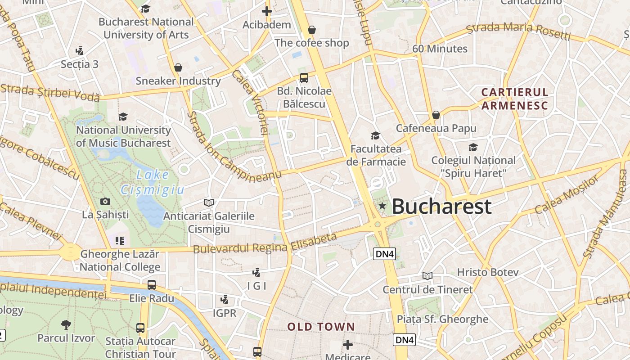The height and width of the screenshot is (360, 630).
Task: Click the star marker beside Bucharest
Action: (x=382, y=206)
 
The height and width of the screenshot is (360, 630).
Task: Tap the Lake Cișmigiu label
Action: (x=152, y=182)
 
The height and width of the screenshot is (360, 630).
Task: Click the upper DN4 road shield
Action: (x=385, y=254)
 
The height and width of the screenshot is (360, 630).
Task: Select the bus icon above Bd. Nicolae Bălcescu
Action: (x=304, y=77)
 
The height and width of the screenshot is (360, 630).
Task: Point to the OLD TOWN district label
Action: (x=321, y=327)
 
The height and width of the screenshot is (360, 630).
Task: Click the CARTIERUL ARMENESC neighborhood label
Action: (x=515, y=99)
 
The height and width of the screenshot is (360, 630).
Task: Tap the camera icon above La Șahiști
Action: (x=105, y=201)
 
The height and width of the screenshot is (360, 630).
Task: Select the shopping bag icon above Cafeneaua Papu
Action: (x=436, y=115)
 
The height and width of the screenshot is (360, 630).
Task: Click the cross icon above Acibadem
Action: (x=267, y=11)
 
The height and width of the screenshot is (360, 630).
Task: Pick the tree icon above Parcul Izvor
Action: (x=66, y=324)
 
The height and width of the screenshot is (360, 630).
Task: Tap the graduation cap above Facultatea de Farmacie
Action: (x=375, y=135)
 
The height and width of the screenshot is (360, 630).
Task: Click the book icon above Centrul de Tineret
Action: (x=427, y=276)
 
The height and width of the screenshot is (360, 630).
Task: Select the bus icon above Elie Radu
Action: (x=152, y=285)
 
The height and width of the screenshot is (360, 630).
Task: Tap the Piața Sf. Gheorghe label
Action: (x=442, y=319)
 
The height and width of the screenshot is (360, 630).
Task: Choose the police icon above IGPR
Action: (x=224, y=299)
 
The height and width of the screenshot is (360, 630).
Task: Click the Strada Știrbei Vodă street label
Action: (x=50, y=92)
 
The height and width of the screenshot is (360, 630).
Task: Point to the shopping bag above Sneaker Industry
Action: (x=178, y=68)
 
